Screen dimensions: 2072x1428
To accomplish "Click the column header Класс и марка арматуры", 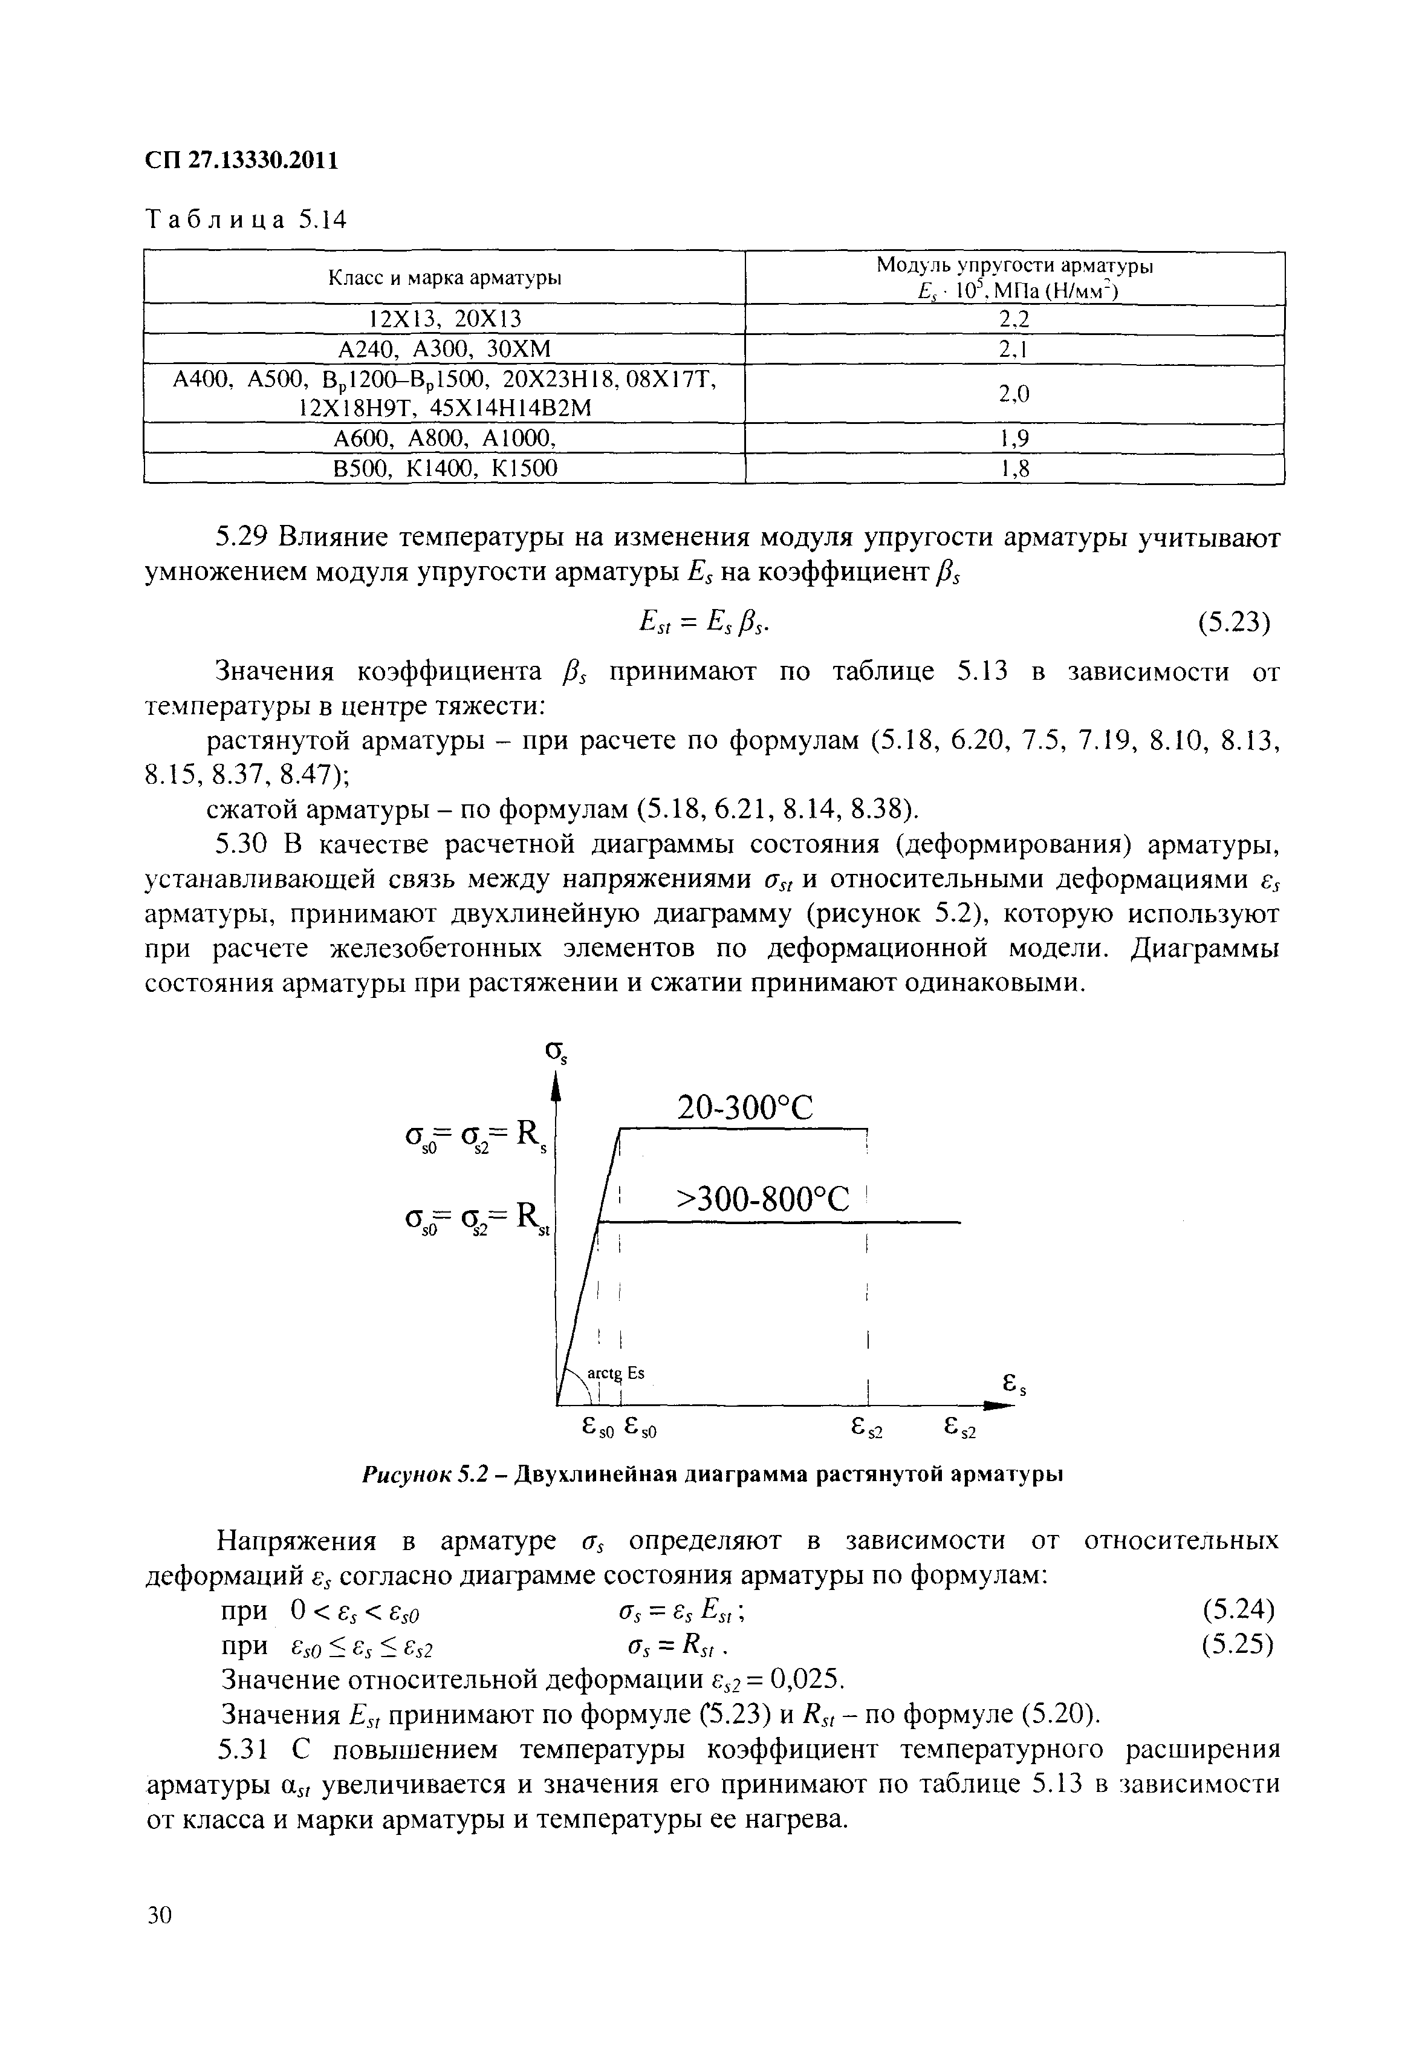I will pyautogui.click(x=445, y=278).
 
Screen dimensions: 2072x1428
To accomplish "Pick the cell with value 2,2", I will pyautogui.click(x=1014, y=319).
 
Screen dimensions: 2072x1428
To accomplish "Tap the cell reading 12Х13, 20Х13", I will pyautogui.click(x=445, y=319).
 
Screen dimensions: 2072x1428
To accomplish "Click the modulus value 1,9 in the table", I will pyautogui.click(x=1014, y=438).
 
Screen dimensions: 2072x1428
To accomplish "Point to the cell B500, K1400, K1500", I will pyautogui.click(x=445, y=468).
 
